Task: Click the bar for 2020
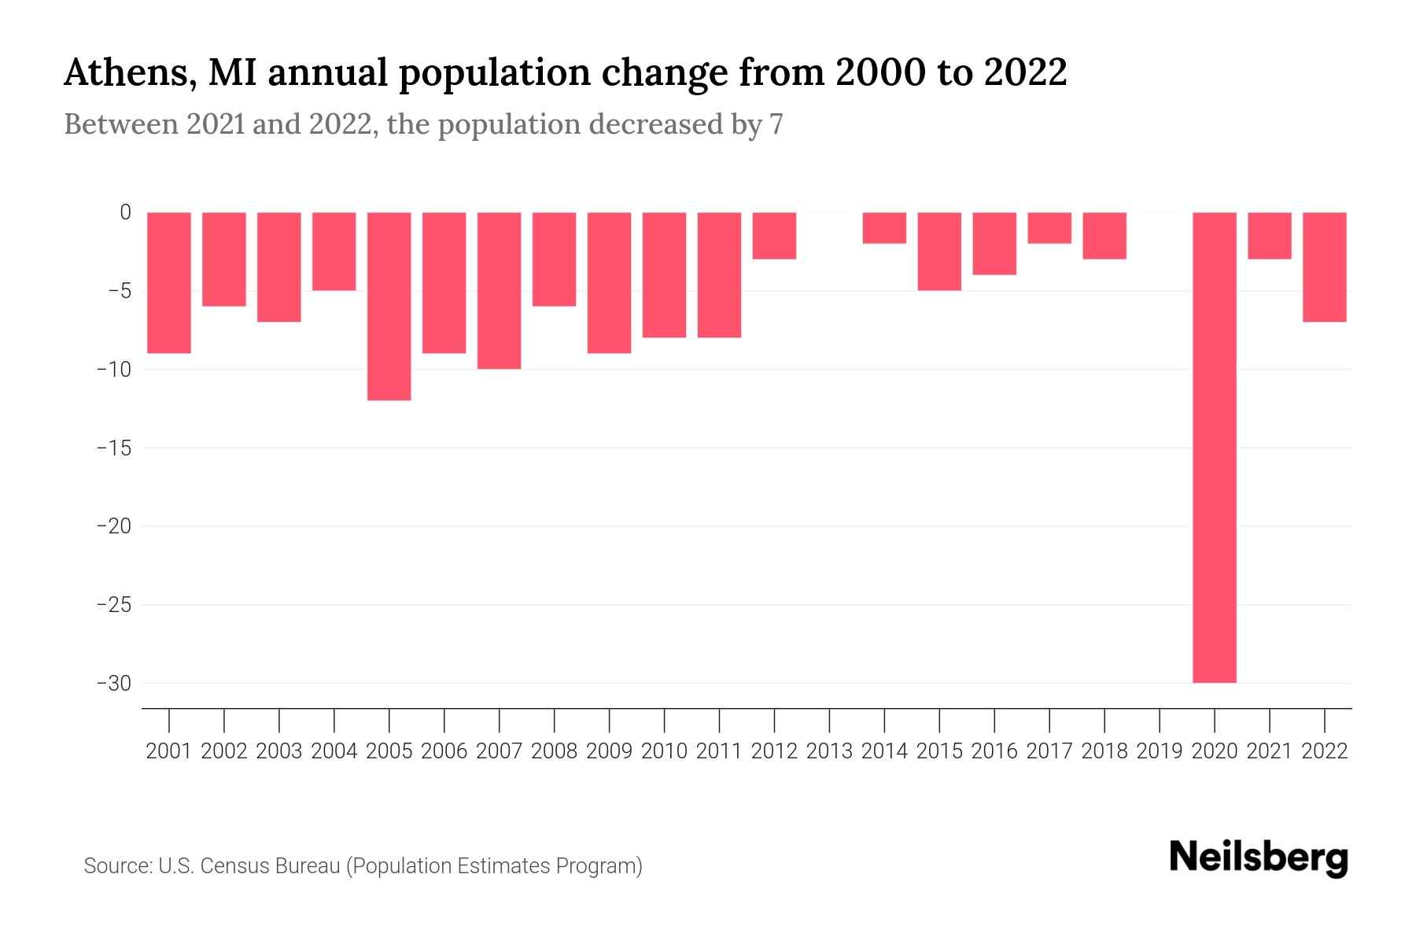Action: tap(1214, 447)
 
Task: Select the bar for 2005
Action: tap(389, 306)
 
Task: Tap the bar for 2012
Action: tap(774, 235)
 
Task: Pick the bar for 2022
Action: tap(1324, 267)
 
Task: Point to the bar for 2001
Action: tap(169, 282)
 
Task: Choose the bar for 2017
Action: tap(1049, 227)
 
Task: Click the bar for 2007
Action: tap(499, 290)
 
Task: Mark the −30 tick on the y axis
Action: tap(113, 683)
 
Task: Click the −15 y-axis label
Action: tap(113, 448)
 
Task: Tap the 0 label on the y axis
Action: tap(125, 212)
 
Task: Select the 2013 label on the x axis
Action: tap(829, 751)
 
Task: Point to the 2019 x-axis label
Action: tap(1159, 751)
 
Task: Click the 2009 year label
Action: tap(609, 751)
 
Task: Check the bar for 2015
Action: tap(938, 251)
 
